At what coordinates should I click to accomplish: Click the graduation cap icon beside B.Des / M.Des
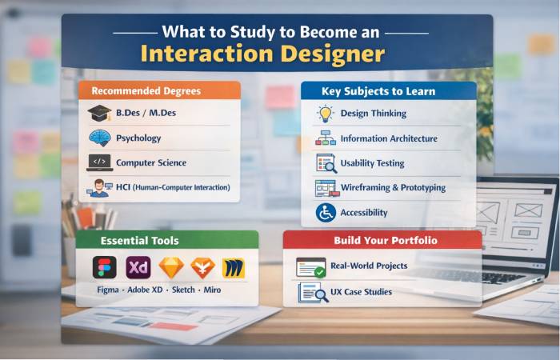(x=100, y=113)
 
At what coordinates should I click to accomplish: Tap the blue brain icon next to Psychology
(x=100, y=138)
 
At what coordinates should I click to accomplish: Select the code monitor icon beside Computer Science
(x=100, y=162)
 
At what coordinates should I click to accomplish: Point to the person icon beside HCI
(x=100, y=188)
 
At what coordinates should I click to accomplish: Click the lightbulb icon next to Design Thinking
(x=326, y=114)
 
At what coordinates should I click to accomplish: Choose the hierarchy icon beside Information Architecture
(x=326, y=138)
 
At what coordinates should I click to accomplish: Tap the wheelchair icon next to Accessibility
(x=326, y=213)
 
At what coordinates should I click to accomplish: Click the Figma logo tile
(x=104, y=267)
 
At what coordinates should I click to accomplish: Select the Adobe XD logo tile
(x=138, y=267)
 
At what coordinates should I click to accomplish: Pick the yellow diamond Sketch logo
(x=170, y=267)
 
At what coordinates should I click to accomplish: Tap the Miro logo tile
(x=234, y=267)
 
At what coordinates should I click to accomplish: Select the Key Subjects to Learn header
(x=389, y=91)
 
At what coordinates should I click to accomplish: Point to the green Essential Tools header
(x=162, y=240)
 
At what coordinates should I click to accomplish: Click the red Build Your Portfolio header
(x=383, y=240)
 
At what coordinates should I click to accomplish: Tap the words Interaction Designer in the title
(x=263, y=54)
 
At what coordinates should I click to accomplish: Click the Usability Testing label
(x=372, y=163)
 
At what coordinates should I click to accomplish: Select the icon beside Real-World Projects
(x=310, y=266)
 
